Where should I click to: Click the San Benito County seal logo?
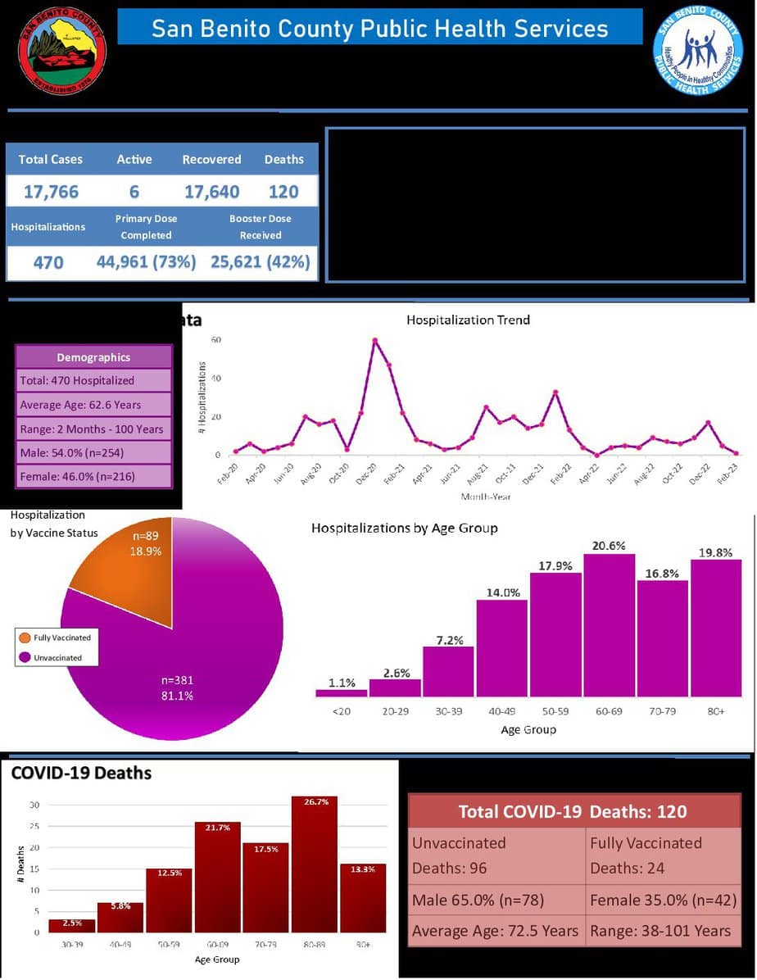(62, 52)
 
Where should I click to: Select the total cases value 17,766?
(50, 192)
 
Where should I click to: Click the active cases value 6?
(134, 192)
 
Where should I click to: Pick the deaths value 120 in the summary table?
(283, 192)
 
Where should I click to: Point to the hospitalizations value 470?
(48, 262)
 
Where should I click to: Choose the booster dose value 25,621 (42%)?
(261, 262)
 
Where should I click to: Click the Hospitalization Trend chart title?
(468, 320)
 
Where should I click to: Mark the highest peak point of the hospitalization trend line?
(374, 340)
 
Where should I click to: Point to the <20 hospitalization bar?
(341, 692)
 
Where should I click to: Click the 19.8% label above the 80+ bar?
(716, 552)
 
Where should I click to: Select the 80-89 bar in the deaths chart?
(315, 864)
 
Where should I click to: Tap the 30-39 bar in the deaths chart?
(71, 925)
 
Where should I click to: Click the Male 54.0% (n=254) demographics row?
(93, 451)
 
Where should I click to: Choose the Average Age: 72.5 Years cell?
(495, 931)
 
